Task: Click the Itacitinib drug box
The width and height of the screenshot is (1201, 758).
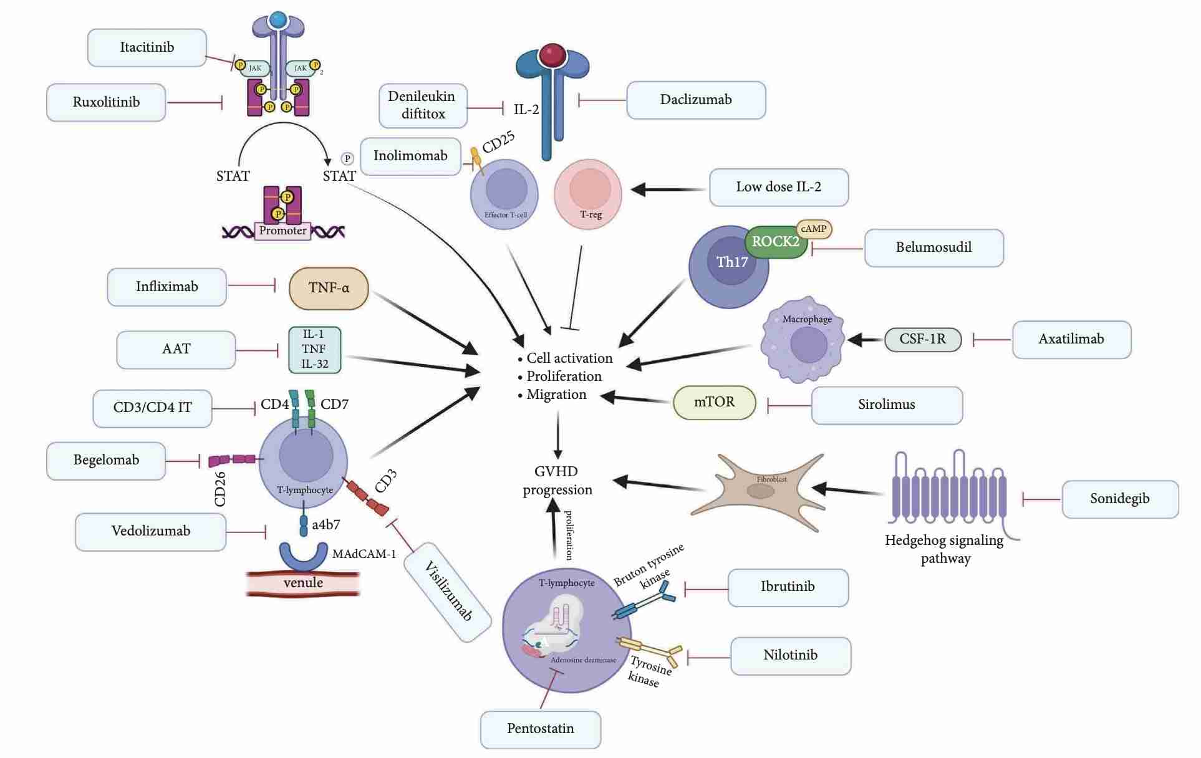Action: point(147,47)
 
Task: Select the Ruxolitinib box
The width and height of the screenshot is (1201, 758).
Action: point(106,102)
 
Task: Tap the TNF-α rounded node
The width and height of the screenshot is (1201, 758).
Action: point(329,288)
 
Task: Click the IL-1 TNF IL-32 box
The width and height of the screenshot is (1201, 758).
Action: point(315,350)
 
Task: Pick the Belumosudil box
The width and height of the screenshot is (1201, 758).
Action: point(933,247)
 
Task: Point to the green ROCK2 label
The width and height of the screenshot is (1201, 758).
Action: point(775,242)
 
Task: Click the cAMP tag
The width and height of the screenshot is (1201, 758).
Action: point(814,229)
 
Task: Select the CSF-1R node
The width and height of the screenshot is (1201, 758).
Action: point(922,339)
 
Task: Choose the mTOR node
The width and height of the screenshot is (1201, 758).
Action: point(714,402)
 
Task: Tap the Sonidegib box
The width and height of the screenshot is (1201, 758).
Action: point(1119,499)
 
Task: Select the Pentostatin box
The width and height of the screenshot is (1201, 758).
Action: point(540,729)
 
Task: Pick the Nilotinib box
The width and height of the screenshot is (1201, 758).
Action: point(790,655)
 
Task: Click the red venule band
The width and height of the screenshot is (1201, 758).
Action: point(303,583)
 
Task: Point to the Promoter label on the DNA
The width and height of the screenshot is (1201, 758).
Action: point(282,231)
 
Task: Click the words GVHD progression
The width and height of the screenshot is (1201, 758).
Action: point(557,481)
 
